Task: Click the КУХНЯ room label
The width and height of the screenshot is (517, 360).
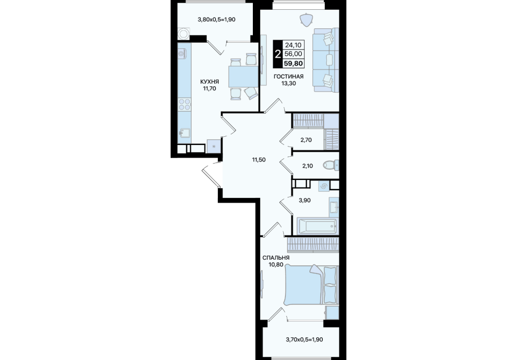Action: (209, 81)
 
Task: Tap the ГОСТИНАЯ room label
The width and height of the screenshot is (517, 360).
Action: (288, 77)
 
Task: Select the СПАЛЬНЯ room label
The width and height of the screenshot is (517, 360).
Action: (276, 258)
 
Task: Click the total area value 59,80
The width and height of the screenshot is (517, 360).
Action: (293, 63)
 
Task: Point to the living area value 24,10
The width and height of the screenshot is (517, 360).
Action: (293, 45)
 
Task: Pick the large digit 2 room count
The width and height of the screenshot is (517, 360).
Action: (278, 54)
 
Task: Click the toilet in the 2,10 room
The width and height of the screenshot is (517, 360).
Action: (331, 165)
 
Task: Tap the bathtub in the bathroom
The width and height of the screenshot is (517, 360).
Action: (317, 226)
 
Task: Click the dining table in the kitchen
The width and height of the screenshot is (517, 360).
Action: (243, 77)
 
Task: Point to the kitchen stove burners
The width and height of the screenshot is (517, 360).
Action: (184, 104)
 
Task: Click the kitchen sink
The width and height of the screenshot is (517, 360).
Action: (184, 133)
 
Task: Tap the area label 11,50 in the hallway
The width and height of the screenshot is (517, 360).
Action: (259, 160)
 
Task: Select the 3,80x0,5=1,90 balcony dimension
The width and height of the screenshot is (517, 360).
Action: (216, 20)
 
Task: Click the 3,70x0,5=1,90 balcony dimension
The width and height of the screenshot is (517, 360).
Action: (304, 339)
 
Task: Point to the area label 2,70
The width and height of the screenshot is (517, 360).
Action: (306, 140)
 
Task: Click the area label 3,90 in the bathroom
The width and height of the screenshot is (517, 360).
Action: (305, 200)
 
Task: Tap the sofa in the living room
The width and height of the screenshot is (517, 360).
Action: (326, 60)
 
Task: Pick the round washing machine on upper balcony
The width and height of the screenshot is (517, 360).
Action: (183, 33)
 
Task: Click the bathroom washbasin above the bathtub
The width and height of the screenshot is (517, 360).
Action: (334, 207)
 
